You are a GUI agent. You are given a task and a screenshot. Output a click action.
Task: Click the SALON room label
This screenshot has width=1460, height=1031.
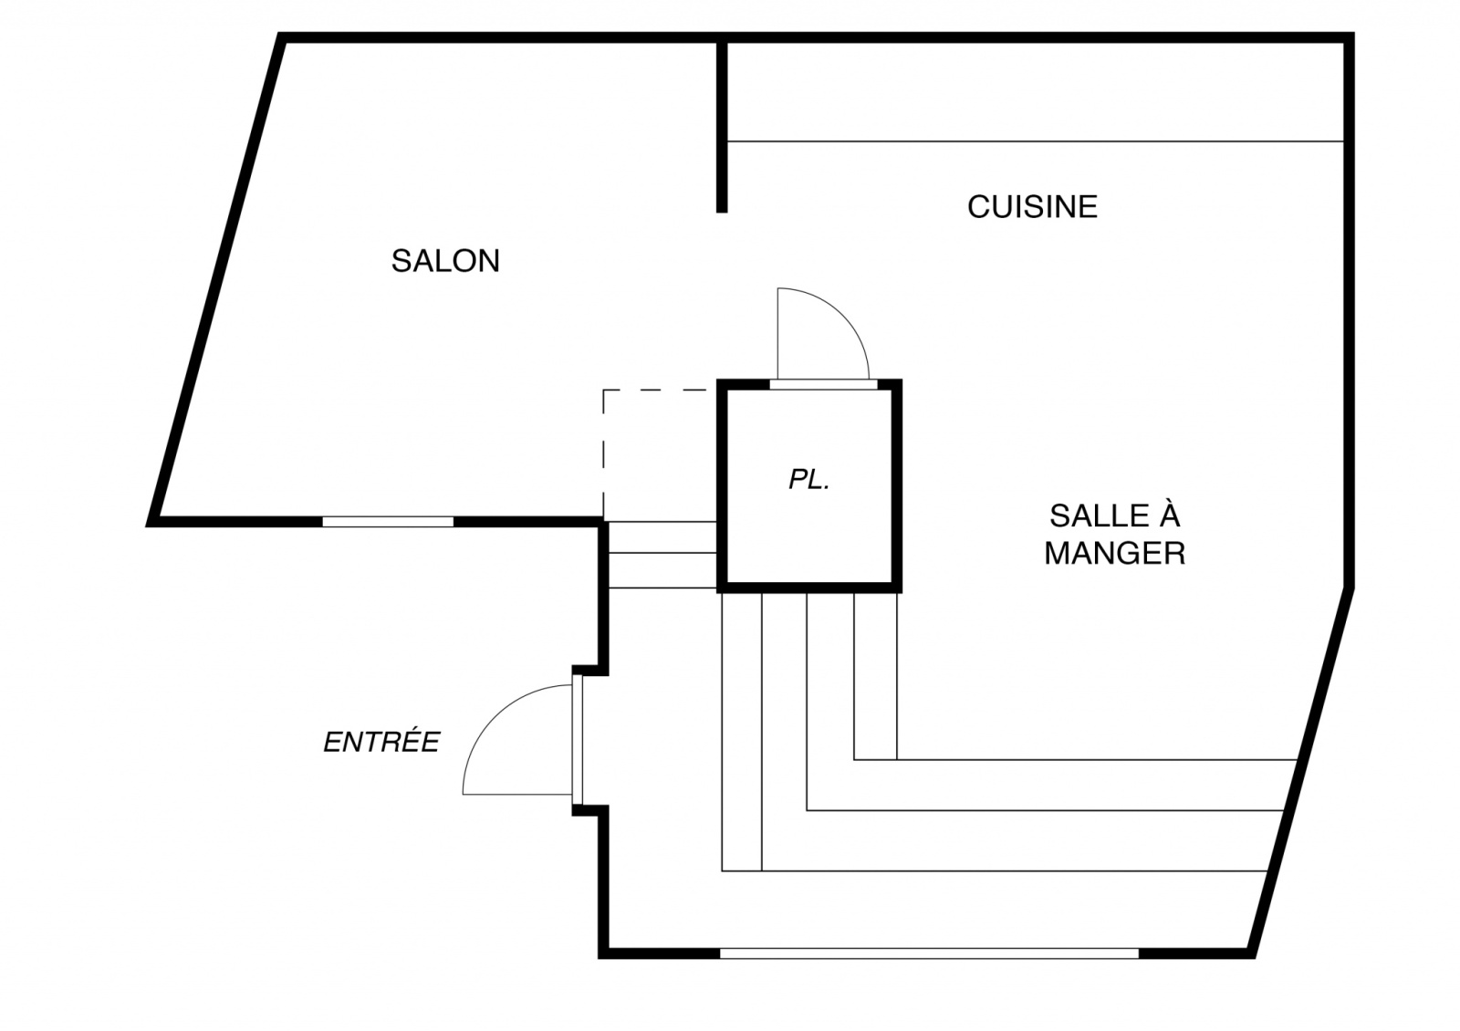[445, 262]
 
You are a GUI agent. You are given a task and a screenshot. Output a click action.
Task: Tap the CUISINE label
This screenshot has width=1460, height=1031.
[1032, 207]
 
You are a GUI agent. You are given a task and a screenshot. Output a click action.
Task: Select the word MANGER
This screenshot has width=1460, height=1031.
[1114, 554]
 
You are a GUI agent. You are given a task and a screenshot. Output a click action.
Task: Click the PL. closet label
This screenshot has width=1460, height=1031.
[808, 481]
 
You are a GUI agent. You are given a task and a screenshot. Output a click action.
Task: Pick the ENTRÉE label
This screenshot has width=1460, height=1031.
[381, 742]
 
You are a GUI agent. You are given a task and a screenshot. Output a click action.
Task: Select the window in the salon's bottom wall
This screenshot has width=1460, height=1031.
[388, 522]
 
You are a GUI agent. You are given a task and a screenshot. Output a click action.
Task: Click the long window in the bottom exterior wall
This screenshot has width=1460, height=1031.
[929, 953]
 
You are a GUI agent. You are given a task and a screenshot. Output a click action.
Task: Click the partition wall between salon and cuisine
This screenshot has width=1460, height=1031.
[722, 128]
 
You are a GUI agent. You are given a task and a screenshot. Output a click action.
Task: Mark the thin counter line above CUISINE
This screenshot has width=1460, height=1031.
[1036, 141]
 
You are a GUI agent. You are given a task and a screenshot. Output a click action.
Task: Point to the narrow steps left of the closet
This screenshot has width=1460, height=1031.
[662, 555]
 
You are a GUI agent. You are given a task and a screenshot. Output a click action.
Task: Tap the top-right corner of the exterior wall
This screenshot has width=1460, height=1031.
[1349, 37]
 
